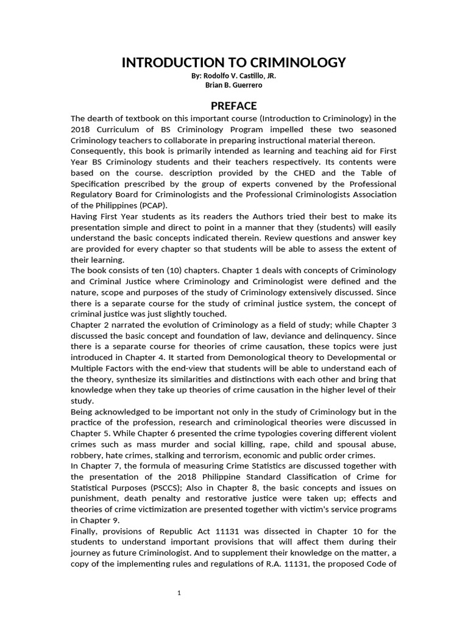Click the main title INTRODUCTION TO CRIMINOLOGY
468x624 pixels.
[x=234, y=63]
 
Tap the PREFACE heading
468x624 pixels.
[x=234, y=105]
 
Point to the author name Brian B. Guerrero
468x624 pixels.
[x=234, y=85]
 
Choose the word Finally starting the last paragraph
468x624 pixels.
[x=85, y=531]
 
